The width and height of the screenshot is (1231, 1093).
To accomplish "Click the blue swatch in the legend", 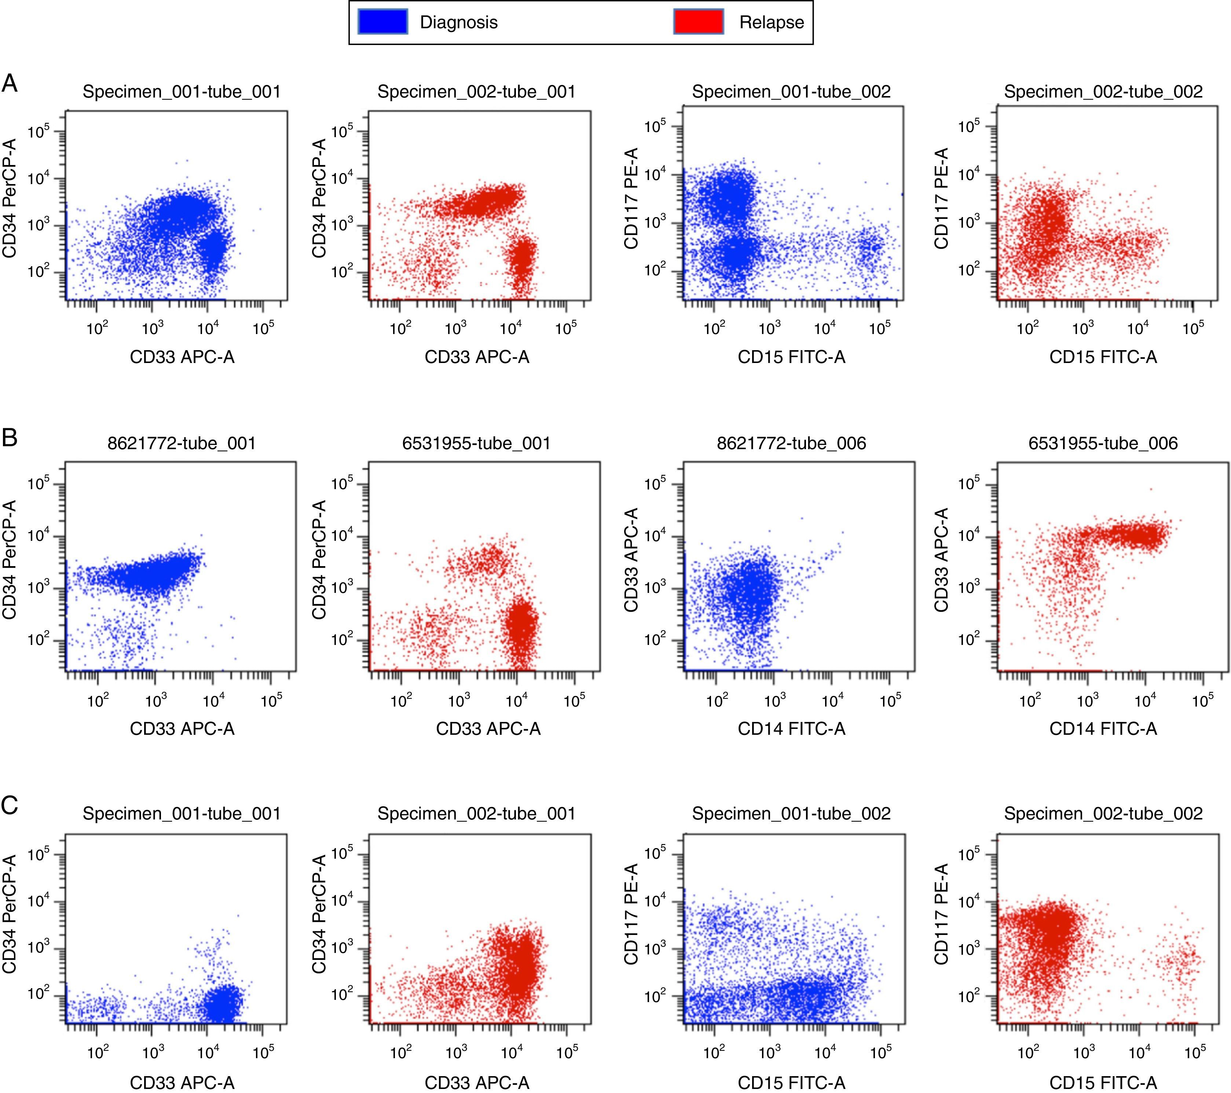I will [x=383, y=22].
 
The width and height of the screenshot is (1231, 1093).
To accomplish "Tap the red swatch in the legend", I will [x=698, y=22].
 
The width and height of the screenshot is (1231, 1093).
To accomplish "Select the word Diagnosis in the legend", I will [x=458, y=23].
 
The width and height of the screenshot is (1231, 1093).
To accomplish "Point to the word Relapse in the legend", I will [x=772, y=23].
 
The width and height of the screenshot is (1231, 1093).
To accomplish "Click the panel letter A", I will [x=10, y=83].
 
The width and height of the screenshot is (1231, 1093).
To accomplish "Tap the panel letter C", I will [x=10, y=806].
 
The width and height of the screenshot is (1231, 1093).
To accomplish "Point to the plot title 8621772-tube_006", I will [x=791, y=443].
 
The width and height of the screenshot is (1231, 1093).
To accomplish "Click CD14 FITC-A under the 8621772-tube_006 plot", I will [x=791, y=729].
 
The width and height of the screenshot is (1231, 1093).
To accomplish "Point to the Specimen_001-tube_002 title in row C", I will [x=791, y=814].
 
